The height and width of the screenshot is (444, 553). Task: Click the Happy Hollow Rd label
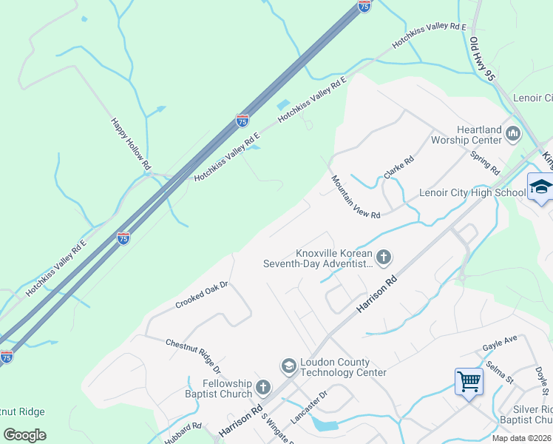point(131,144)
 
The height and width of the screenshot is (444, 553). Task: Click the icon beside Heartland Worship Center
point(513,134)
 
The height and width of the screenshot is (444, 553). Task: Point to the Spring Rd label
point(485,162)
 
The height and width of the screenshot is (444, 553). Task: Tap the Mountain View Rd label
point(355,197)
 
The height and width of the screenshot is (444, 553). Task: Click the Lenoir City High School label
point(462,193)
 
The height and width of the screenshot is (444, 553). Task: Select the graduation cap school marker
point(540,186)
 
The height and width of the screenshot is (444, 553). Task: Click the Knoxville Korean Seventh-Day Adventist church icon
point(383,257)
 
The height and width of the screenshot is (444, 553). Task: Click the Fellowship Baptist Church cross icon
point(263,387)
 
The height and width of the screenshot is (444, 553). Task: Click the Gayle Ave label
point(500,342)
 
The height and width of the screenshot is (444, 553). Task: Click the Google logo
point(25,434)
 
